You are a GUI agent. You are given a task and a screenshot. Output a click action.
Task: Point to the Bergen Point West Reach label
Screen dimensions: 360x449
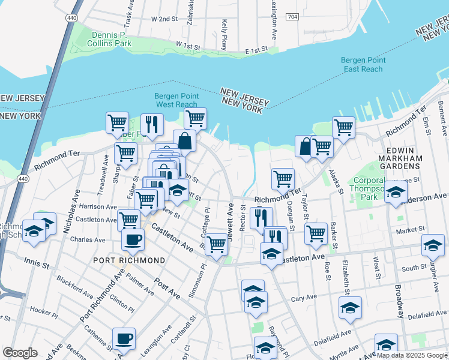(176, 100)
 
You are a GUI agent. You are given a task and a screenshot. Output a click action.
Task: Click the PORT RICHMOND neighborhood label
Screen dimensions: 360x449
(129, 260)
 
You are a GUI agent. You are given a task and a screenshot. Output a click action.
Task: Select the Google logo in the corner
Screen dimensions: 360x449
(20, 353)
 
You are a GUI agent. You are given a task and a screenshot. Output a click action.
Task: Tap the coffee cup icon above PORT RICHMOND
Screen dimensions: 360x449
(133, 239)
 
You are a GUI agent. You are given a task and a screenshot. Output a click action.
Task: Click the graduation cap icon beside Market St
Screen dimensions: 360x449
(433, 244)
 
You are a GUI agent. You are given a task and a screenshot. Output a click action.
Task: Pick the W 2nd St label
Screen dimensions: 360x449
(166, 19)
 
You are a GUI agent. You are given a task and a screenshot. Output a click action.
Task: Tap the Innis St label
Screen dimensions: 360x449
(35, 262)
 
